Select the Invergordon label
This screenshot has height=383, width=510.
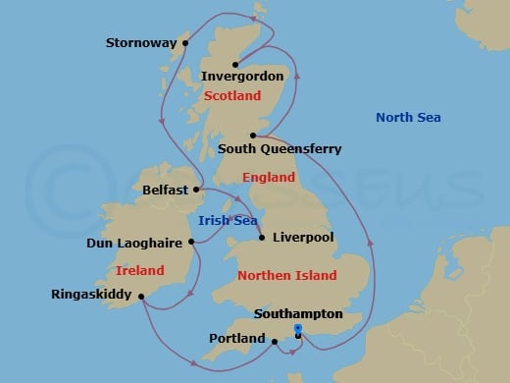tap(242, 76)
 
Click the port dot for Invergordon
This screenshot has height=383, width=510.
tap(235, 65)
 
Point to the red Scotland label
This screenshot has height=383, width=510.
tap(232, 96)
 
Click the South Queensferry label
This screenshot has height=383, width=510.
tap(280, 149)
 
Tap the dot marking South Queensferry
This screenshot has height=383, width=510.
tap(253, 136)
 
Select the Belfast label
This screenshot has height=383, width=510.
tap(166, 190)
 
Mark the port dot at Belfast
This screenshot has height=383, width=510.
tap(197, 189)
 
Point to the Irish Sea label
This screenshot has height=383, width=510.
tap(227, 221)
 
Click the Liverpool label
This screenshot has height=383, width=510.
tap(303, 238)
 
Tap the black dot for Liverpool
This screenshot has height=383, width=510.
tap(262, 237)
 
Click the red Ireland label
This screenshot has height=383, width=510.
tap(139, 270)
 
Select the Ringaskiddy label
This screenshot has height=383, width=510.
tap(91, 294)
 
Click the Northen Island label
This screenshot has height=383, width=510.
tap(287, 276)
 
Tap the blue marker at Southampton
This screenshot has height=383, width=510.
tap(296, 330)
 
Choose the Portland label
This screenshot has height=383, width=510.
tap(237, 339)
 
